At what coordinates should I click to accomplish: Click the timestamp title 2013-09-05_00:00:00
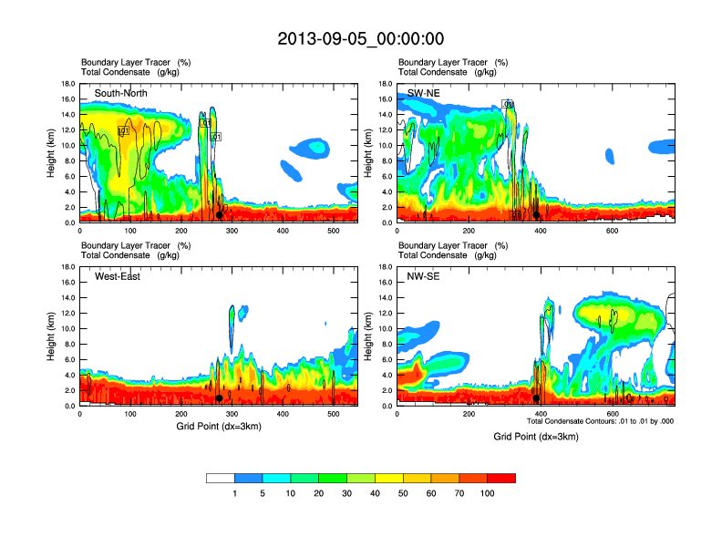pyautogui.click(x=360, y=38)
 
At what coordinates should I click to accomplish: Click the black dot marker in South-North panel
pyautogui.click(x=220, y=215)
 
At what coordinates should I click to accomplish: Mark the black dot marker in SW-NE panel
pyautogui.click(x=537, y=216)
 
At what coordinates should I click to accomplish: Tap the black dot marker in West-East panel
pyautogui.click(x=220, y=398)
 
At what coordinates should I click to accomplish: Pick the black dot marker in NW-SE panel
pyautogui.click(x=536, y=398)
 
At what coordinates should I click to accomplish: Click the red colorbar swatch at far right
pyautogui.click(x=501, y=478)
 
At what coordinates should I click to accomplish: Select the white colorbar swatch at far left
pyautogui.click(x=221, y=478)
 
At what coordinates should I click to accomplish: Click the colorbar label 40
pyautogui.click(x=375, y=493)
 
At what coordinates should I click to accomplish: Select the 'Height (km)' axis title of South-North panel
pyautogui.click(x=53, y=153)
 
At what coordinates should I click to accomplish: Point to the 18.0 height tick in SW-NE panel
pyautogui.click(x=387, y=84)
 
